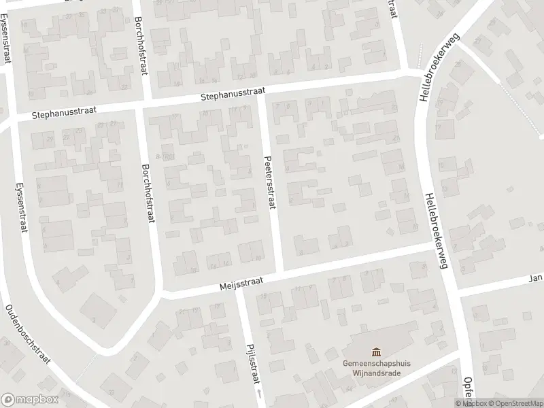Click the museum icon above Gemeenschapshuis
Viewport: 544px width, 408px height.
click(x=376, y=352)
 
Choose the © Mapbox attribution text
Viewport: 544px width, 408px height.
click(x=469, y=403)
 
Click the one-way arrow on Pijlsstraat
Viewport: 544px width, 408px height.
click(x=258, y=394)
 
